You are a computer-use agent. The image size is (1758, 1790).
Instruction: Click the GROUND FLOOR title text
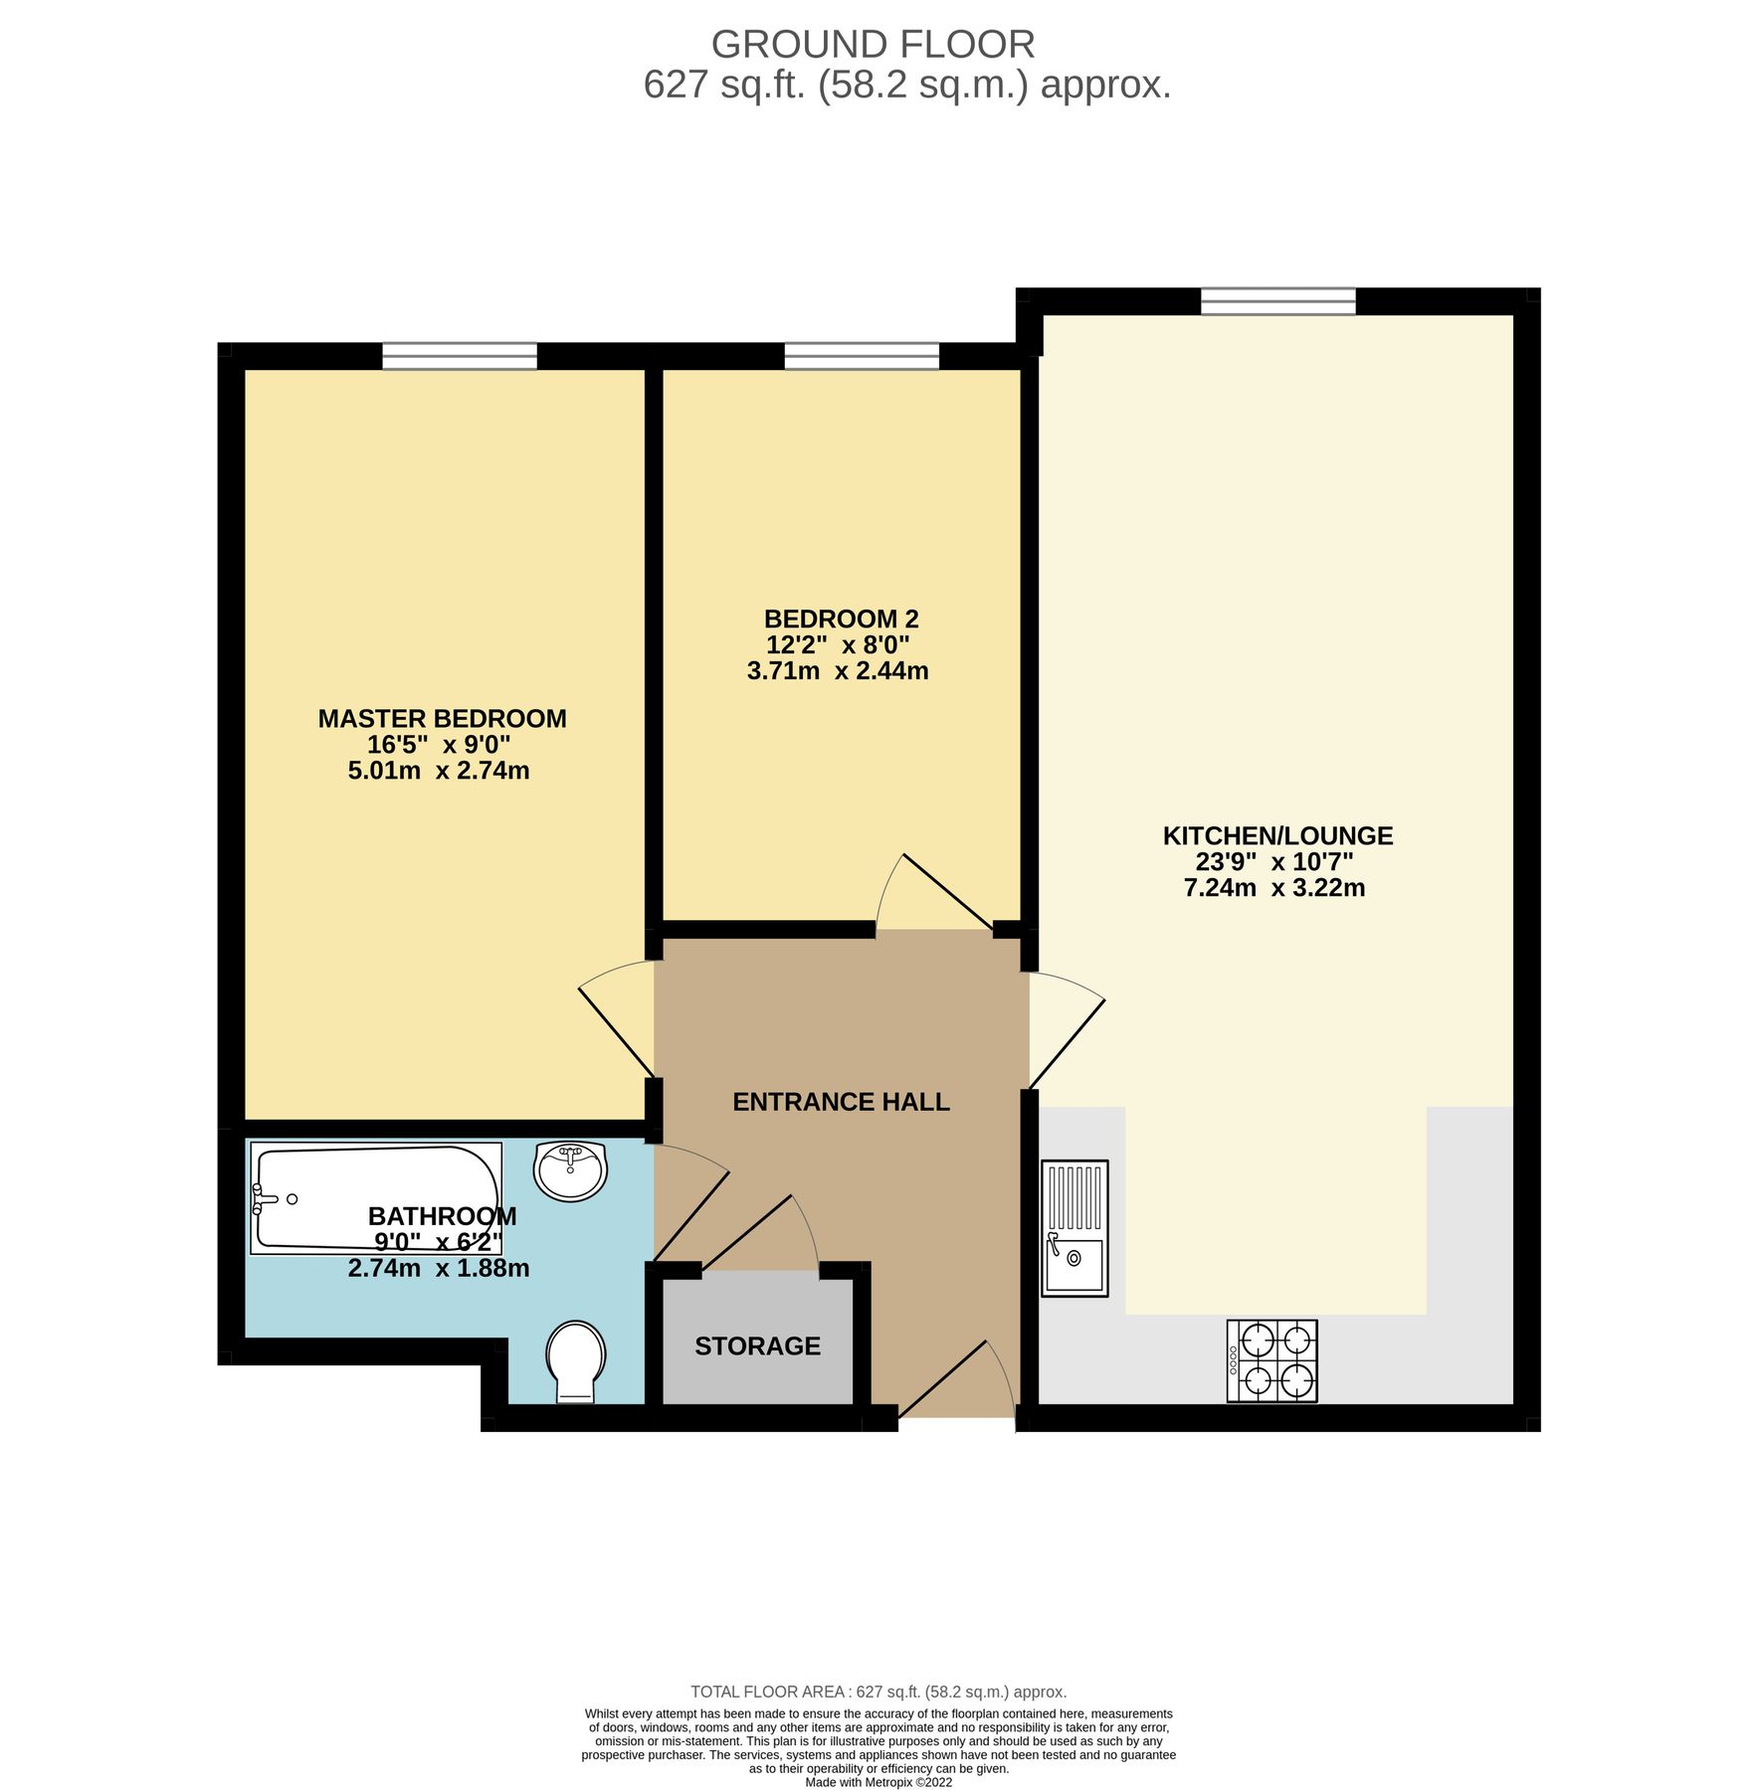(x=872, y=45)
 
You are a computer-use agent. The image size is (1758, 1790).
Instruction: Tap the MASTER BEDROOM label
(x=442, y=718)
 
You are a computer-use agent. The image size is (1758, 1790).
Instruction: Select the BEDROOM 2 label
(x=840, y=619)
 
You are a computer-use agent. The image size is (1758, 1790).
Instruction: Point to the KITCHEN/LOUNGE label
(x=1276, y=835)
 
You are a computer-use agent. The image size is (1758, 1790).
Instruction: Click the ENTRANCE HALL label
(x=841, y=1102)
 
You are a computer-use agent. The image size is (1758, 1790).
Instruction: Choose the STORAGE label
(x=757, y=1345)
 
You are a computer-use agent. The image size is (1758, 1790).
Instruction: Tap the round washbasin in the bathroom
(x=569, y=1170)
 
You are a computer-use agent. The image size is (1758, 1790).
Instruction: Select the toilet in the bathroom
(x=575, y=1360)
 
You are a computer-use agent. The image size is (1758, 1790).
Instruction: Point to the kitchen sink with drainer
(x=1074, y=1228)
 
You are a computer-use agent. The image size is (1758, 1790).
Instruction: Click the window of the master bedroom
(x=459, y=355)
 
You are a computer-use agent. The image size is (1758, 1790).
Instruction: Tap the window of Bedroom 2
(x=861, y=355)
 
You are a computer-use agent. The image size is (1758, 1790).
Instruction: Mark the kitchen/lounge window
(x=1276, y=300)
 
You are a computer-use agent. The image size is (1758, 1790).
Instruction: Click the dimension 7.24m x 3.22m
(x=1273, y=888)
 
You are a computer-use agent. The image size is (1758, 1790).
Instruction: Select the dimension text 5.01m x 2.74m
(x=438, y=771)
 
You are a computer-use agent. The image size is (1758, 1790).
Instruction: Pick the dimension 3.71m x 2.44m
(x=837, y=671)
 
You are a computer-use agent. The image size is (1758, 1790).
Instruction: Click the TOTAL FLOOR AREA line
(x=878, y=1692)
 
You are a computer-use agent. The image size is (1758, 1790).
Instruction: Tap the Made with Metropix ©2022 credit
(x=878, y=1782)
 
